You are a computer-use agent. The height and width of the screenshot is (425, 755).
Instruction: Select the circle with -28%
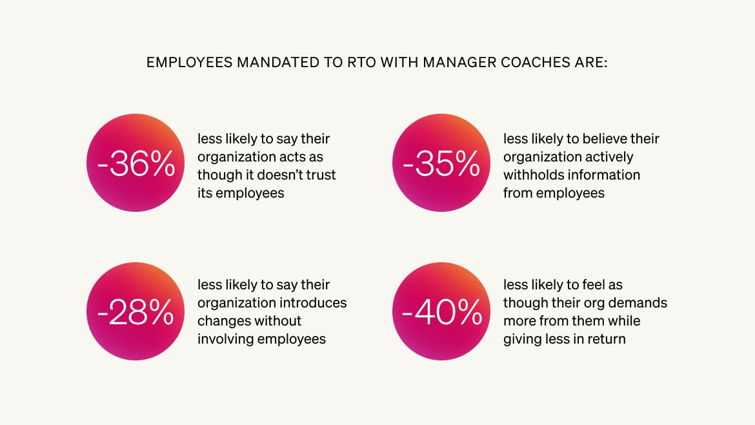point(136,311)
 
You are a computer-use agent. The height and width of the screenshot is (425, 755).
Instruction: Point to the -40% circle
point(441,311)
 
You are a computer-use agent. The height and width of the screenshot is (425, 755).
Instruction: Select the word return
point(605,339)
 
